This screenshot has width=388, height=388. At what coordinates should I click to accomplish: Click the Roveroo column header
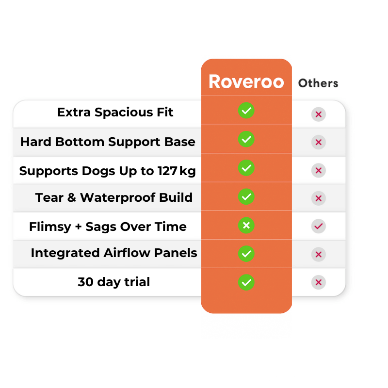point(246,81)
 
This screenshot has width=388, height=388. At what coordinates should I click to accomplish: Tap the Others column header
point(318,83)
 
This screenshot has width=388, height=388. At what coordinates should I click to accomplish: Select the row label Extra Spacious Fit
point(115,113)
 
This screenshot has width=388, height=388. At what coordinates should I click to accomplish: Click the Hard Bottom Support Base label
point(108,142)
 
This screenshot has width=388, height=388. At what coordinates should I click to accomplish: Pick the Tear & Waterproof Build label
point(113,197)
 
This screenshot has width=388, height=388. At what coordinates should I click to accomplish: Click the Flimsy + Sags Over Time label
point(108,226)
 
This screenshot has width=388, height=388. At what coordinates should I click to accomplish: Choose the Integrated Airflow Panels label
point(114,253)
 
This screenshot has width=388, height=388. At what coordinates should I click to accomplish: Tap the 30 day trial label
point(113,282)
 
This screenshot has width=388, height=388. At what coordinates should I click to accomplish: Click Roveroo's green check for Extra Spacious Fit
point(246,111)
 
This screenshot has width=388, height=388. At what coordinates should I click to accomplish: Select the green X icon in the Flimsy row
point(246,225)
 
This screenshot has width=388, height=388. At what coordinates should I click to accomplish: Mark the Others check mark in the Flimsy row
point(319,226)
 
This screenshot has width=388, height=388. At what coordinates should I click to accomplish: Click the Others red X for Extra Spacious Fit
point(319,114)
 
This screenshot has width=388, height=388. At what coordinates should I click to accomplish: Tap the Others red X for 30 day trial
point(319,282)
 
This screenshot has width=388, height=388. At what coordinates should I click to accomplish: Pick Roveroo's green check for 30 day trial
point(246,282)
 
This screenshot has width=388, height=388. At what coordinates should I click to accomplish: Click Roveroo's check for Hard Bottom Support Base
point(246,139)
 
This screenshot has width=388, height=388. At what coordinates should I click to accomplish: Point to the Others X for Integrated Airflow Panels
point(319,254)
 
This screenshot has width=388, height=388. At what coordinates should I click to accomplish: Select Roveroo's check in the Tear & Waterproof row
point(246,196)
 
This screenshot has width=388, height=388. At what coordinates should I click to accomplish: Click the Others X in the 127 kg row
point(319,170)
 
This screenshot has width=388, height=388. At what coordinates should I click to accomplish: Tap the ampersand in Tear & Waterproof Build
point(71,197)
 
